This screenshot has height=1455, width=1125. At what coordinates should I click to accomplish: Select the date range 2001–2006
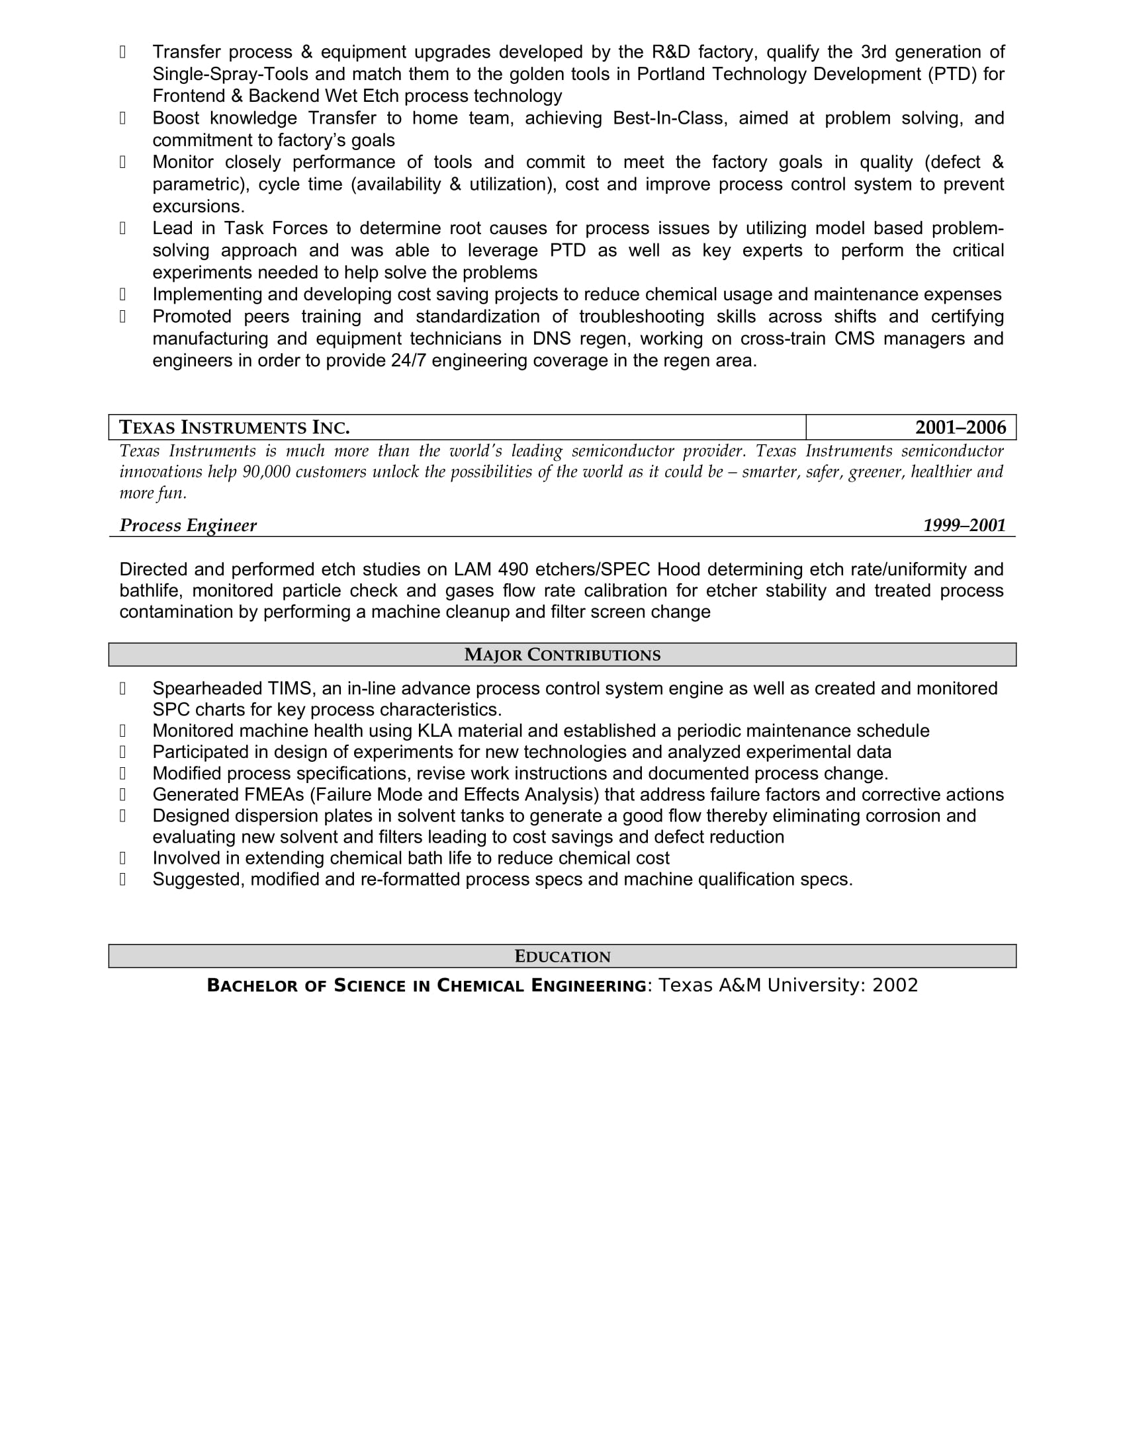point(960,427)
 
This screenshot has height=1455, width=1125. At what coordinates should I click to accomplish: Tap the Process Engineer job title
point(188,526)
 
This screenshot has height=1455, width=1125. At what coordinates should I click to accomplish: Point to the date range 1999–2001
point(964,526)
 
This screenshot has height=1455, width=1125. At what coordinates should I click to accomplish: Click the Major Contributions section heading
point(562,655)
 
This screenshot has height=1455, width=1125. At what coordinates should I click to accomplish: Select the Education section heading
point(562,957)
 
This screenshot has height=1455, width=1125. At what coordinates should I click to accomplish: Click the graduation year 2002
point(895,985)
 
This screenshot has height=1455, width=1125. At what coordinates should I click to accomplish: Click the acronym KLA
point(435,731)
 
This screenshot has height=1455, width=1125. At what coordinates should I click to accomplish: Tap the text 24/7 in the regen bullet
point(408,361)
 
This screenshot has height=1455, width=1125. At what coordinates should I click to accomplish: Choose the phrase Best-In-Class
point(667,118)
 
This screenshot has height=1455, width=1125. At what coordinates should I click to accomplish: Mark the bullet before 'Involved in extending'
point(122,858)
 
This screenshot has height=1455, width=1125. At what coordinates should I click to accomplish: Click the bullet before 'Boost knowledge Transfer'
point(122,118)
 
